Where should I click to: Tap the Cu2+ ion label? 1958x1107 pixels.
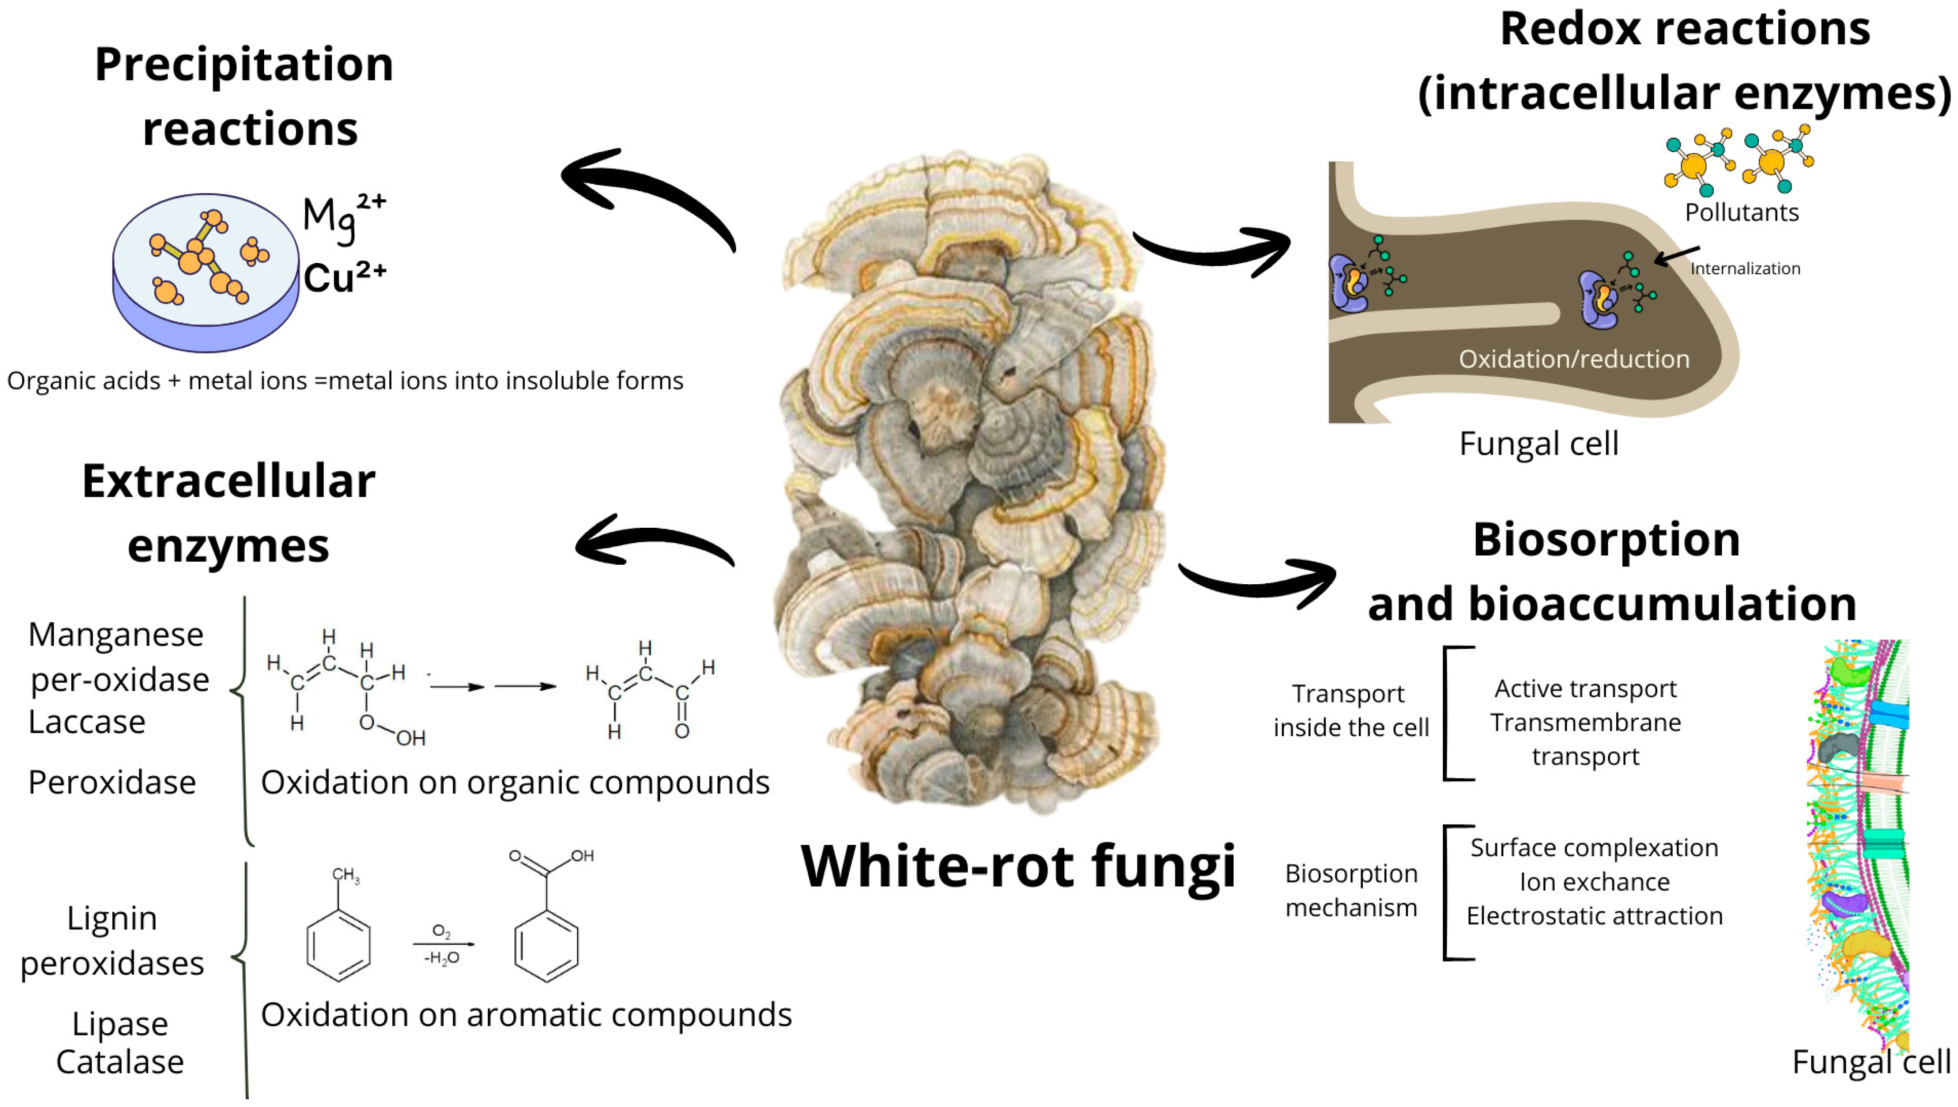[x=345, y=277]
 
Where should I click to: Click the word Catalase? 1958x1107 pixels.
[x=120, y=1061]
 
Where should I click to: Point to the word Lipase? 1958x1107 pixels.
[x=120, y=1023]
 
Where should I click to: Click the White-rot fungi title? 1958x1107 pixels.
[x=1018, y=866]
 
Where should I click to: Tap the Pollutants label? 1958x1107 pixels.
[x=1741, y=212]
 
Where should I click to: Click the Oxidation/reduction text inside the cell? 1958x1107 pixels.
[x=1573, y=359]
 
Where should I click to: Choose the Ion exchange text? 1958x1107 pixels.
[x=1594, y=882]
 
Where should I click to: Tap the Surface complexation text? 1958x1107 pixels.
[x=1594, y=847]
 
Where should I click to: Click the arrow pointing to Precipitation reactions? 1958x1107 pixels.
[x=646, y=190]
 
